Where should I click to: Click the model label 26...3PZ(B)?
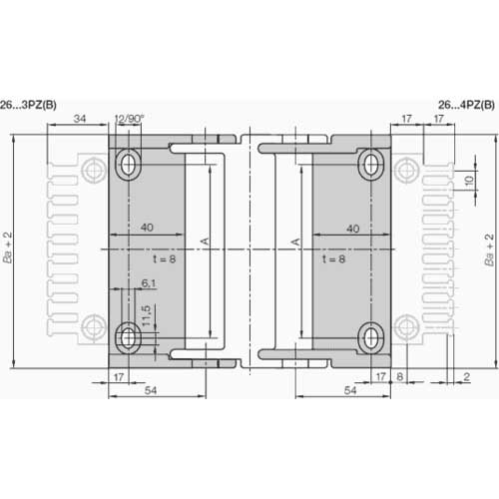[28, 105]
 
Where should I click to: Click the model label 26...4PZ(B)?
[466, 105]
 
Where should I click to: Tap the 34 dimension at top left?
[80, 118]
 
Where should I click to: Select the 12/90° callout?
[129, 119]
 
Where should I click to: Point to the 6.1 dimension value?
[149, 283]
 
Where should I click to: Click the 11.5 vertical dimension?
[147, 315]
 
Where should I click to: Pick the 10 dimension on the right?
[469, 181]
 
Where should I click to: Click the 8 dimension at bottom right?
[400, 376]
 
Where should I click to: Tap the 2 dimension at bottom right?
[467, 376]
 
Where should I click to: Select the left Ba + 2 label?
[7, 248]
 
